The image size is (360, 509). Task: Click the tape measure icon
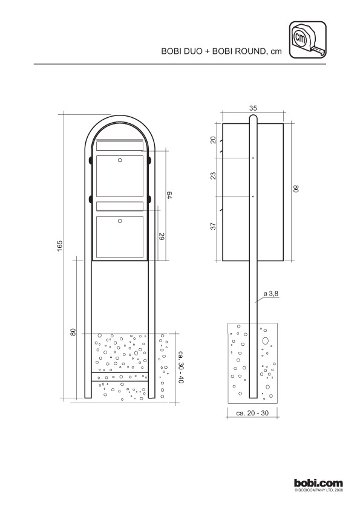(307, 40)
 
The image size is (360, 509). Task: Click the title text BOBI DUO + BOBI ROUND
(213, 51)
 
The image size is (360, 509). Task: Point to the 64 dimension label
(169, 195)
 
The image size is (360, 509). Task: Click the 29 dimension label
(162, 236)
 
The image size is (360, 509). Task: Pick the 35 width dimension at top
(253, 108)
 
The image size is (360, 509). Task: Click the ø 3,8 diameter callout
(270, 294)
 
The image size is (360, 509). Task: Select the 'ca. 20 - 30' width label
(252, 413)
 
